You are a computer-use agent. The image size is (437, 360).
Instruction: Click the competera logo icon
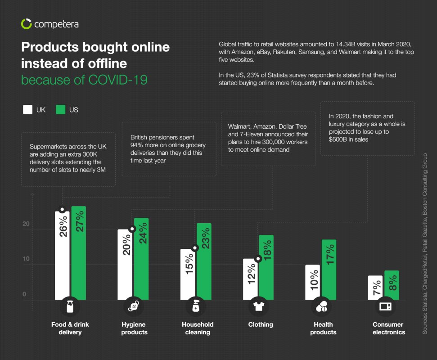(x=27, y=24)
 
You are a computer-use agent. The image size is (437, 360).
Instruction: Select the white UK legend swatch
(x=27, y=109)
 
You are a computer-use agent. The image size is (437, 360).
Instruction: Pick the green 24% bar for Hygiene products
(x=141, y=259)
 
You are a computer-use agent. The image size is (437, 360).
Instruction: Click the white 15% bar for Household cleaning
(x=188, y=274)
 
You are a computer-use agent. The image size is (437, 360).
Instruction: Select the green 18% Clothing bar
(x=266, y=267)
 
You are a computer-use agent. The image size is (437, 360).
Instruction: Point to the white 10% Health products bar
(x=312, y=282)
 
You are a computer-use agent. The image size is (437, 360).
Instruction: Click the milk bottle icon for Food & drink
(x=70, y=307)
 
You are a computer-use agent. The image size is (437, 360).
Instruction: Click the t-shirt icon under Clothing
(x=258, y=307)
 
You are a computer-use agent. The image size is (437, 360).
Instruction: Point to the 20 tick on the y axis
(x=26, y=224)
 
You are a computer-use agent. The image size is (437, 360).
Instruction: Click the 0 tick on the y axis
(x=25, y=295)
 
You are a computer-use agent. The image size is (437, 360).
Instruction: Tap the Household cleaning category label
(x=198, y=328)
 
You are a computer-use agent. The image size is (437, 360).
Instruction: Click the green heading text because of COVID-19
(x=84, y=80)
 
